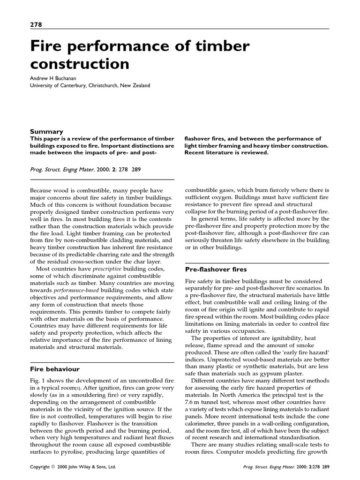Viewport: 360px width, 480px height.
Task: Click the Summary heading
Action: point(46,132)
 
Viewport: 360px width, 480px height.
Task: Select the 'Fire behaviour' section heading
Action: point(55,369)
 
